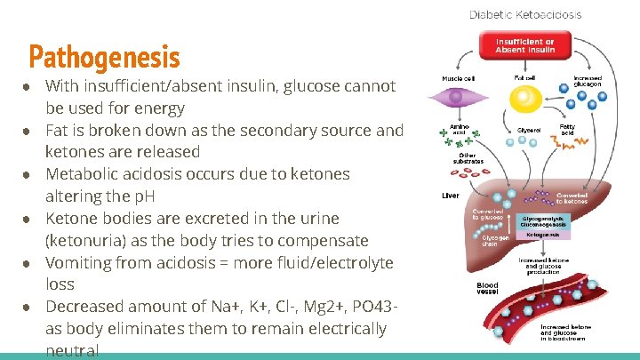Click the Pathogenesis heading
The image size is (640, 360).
click(104, 57)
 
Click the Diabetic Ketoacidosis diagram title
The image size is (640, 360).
click(525, 15)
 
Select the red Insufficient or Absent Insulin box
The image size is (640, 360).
click(524, 45)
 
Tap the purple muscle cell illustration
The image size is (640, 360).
click(457, 97)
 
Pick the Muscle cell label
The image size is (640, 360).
click(457, 78)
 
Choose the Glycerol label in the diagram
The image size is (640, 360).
click(529, 130)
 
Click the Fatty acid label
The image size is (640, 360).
click(567, 130)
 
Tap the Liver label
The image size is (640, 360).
click(451, 196)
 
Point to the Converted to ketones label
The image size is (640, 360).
click(571, 198)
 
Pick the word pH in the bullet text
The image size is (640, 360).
click(142, 196)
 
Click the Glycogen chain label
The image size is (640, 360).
click(496, 240)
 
